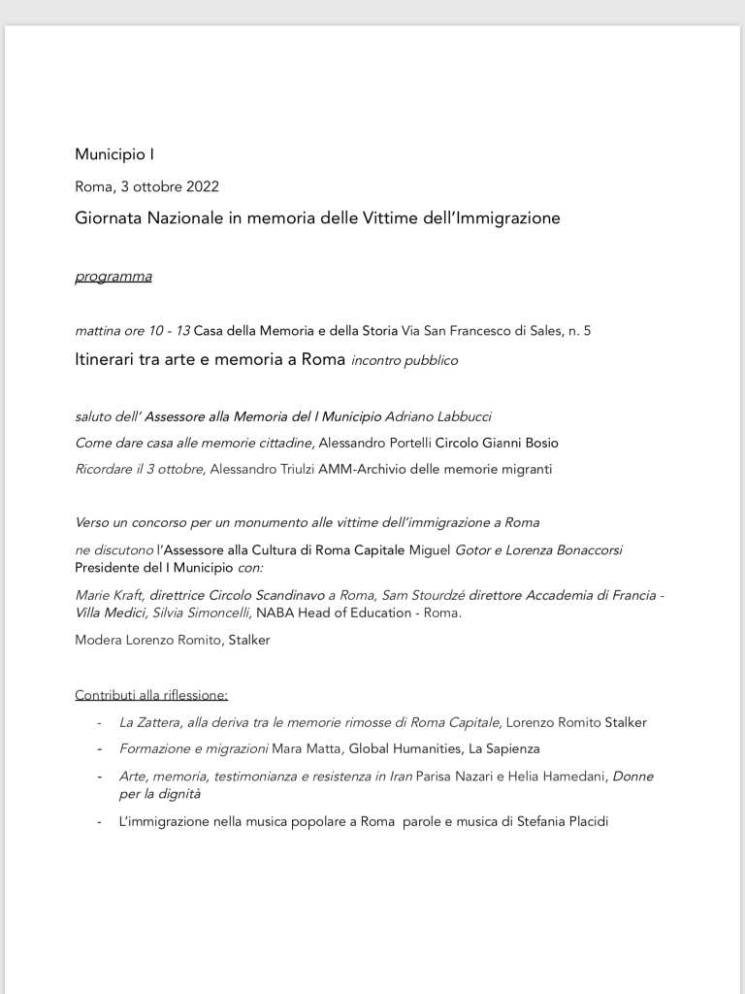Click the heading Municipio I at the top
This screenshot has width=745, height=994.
point(114,154)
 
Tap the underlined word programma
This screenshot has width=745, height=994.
point(113,277)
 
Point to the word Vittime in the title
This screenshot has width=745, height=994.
point(390,218)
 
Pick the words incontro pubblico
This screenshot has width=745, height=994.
point(404,361)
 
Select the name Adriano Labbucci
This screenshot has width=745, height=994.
point(438,416)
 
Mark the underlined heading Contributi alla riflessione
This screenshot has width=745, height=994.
point(151,695)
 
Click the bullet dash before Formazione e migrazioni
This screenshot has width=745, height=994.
point(99,748)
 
